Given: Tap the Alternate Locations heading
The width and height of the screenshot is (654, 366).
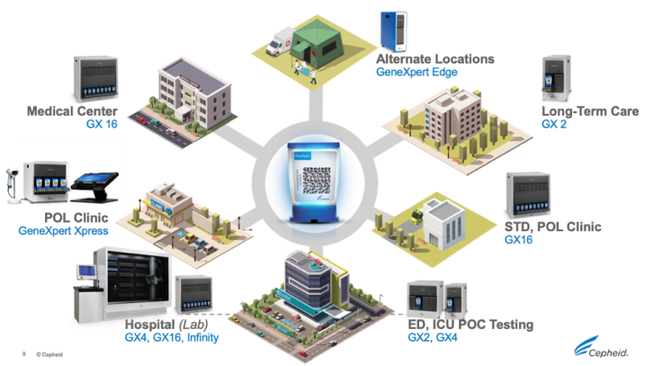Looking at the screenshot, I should point(435,58).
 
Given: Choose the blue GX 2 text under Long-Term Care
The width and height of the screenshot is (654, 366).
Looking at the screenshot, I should point(554,127).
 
